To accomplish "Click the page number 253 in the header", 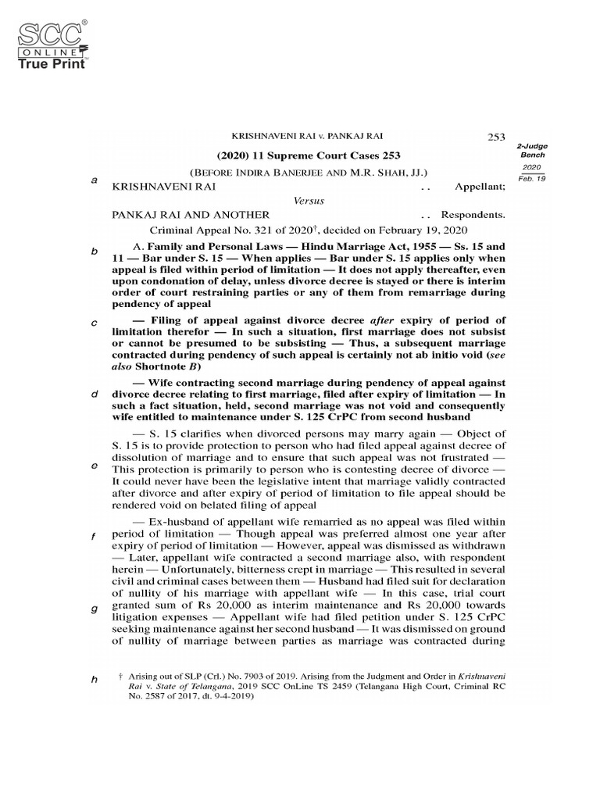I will (497, 137).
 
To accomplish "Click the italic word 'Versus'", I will (309, 201).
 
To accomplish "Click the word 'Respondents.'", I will (473, 215).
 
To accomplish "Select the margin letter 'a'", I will (94, 180).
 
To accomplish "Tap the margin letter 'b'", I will (94, 252).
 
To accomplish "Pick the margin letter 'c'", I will (94, 323).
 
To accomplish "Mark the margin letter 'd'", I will (94, 394).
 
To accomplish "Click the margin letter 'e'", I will (94, 466).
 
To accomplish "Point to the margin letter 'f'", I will (94, 537).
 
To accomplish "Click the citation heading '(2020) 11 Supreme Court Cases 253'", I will (308, 155).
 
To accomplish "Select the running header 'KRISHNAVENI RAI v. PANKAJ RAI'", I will (308, 137).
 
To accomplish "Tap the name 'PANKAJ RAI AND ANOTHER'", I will (191, 215).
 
